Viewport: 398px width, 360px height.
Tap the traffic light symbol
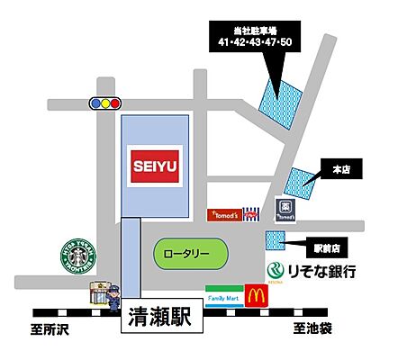point(106,103)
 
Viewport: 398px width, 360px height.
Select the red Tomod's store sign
point(224,214)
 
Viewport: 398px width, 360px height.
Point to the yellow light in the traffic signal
point(106,103)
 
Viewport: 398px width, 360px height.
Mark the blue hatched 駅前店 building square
point(275,239)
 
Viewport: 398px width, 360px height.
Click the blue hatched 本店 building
point(300,183)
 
